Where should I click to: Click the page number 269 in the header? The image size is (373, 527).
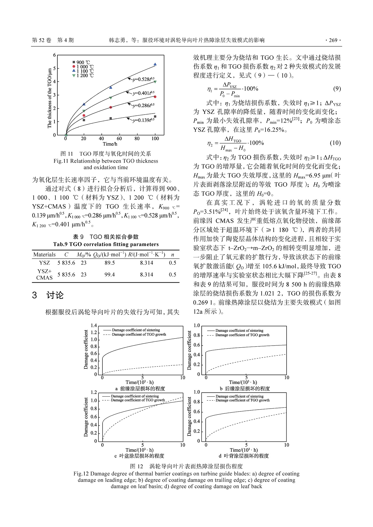click(x=333, y=40)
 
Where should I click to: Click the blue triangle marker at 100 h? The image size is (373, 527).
click(x=155, y=64)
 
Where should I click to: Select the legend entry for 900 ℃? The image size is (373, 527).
click(x=83, y=62)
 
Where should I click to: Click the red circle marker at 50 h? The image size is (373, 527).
click(x=111, y=107)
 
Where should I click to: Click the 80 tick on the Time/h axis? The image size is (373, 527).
click(x=137, y=139)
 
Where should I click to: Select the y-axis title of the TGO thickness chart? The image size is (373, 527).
click(x=49, y=98)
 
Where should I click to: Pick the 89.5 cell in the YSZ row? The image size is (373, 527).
click(x=110, y=263)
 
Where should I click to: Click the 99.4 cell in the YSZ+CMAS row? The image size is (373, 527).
click(x=110, y=275)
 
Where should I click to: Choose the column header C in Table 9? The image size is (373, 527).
click(x=66, y=255)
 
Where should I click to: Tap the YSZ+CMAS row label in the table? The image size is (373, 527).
click(x=44, y=275)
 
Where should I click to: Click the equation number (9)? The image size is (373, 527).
click(x=337, y=89)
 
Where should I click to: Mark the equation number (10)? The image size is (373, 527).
click(x=335, y=143)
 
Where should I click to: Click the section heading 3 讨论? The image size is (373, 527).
click(x=48, y=295)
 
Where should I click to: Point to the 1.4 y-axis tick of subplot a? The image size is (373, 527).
click(x=94, y=326)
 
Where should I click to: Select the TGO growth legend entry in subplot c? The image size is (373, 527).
click(x=138, y=400)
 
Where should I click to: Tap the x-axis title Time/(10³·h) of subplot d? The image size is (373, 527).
click(x=243, y=450)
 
